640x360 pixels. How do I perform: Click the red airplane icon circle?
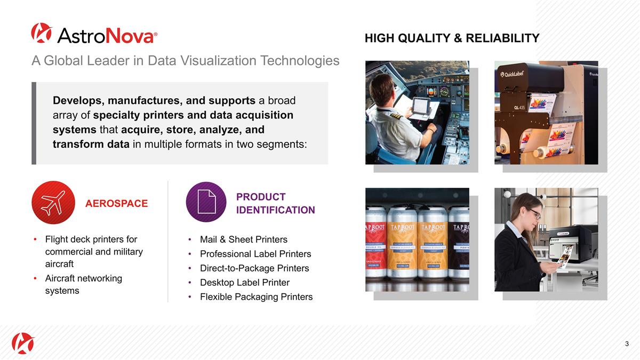(x=52, y=202)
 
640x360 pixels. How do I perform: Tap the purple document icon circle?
(x=206, y=202)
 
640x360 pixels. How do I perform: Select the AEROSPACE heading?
(x=117, y=203)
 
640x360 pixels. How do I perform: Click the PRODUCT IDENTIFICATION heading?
(x=275, y=203)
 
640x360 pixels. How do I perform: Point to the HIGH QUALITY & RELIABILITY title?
(x=452, y=38)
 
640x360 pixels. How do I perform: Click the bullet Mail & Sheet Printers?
(x=243, y=239)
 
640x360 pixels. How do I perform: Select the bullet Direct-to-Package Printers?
(x=254, y=268)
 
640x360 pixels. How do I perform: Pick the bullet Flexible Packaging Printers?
(x=256, y=297)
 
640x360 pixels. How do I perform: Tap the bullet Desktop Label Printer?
(x=244, y=283)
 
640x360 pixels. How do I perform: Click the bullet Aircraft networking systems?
(x=84, y=284)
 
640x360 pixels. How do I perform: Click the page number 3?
(x=627, y=344)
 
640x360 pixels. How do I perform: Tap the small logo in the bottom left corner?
(x=23, y=343)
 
